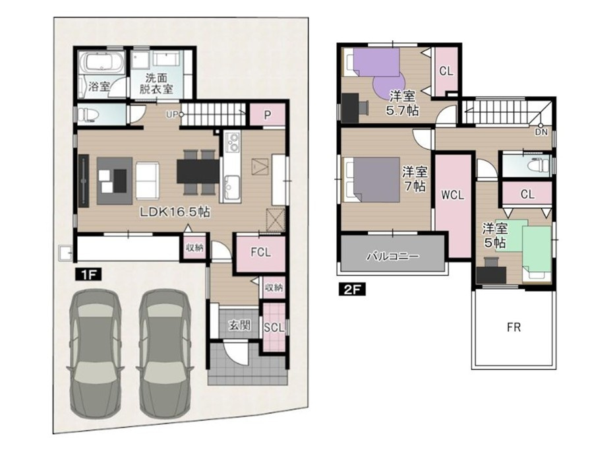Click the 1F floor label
click(x=88, y=274)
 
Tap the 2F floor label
click(x=352, y=290)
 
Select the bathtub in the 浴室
click(x=102, y=62)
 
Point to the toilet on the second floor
click(x=539, y=166)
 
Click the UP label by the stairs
click(x=171, y=115)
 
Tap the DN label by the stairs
click(x=541, y=133)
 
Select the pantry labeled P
click(x=267, y=115)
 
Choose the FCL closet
click(x=261, y=252)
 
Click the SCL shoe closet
click(x=274, y=327)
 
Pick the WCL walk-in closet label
click(x=453, y=195)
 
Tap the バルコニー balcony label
click(x=393, y=257)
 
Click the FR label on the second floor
click(x=514, y=327)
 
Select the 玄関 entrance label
click(x=240, y=325)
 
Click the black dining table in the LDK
click(x=198, y=172)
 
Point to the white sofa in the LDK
click(x=148, y=181)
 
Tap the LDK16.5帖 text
click(x=175, y=212)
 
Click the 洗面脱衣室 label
click(x=156, y=84)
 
